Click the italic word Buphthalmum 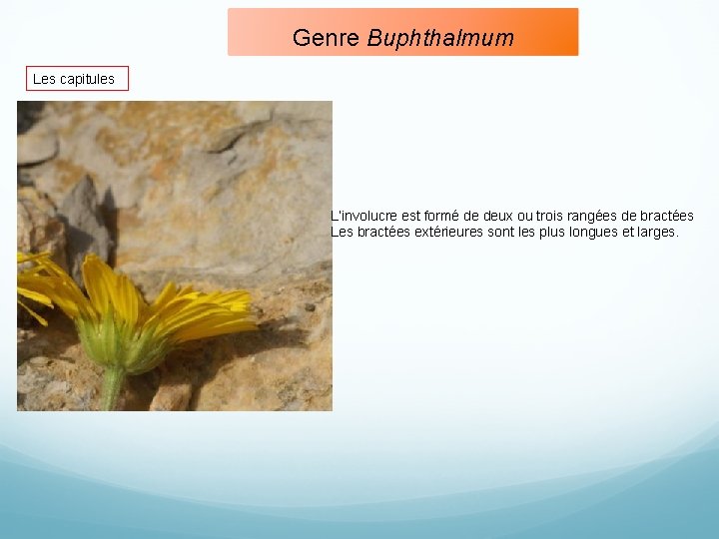(440, 39)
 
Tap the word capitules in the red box (88, 79)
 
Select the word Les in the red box (45, 79)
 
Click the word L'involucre (363, 216)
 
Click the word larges (657, 232)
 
